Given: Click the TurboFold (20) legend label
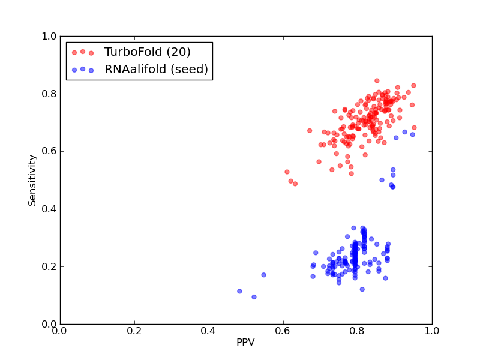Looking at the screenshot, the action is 147,52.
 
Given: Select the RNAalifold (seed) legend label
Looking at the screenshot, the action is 156,69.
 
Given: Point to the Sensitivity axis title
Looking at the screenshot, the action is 32,181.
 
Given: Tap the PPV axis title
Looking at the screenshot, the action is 245,342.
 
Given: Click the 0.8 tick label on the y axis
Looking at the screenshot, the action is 49,94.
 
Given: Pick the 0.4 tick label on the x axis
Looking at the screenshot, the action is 209,331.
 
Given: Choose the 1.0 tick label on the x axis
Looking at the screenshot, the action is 432,331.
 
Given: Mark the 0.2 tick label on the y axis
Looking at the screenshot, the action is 49,266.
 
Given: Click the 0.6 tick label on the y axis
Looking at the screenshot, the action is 49,151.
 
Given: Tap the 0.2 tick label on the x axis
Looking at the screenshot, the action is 134,331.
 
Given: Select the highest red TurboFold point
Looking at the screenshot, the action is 377,81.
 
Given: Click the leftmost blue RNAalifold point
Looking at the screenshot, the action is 239,291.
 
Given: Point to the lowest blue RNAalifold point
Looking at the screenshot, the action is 254,297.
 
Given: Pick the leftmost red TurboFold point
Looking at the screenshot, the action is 287,172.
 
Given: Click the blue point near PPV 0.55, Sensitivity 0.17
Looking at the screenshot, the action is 263,275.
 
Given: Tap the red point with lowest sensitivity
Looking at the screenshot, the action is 295,184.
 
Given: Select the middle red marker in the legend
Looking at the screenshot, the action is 83,52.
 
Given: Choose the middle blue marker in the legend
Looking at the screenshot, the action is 83,69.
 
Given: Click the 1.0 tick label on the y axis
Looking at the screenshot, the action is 49,36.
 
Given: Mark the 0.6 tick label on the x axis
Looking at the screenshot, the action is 283,331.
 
